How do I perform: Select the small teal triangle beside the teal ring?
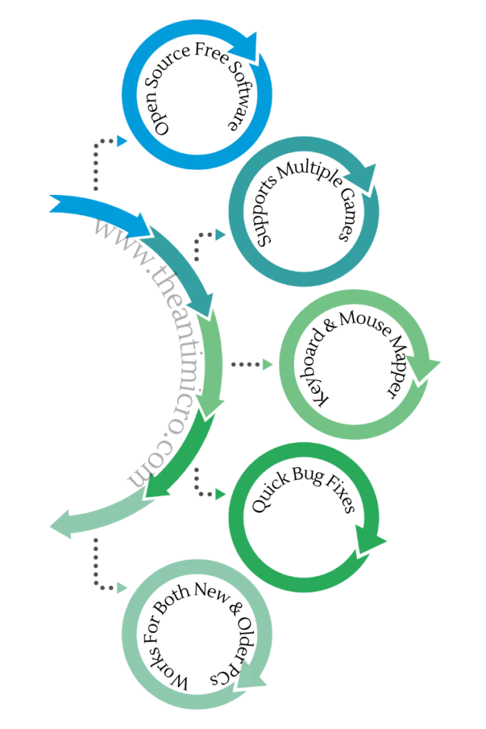click(x=221, y=234)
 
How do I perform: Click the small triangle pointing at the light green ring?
click(x=268, y=365)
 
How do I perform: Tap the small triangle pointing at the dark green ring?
click(x=219, y=493)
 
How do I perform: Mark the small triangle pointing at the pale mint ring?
click(x=121, y=587)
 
